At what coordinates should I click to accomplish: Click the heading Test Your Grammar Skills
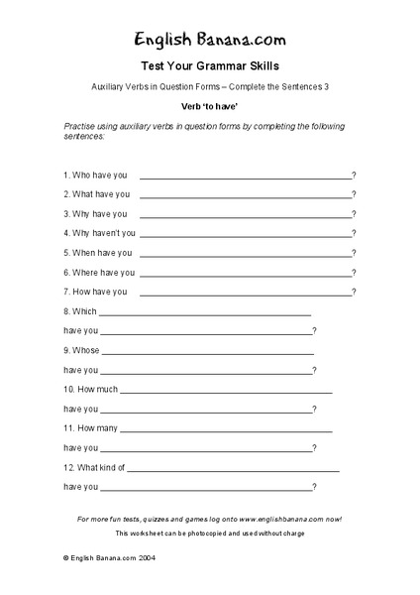point(209,66)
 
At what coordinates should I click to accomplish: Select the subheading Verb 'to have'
point(209,103)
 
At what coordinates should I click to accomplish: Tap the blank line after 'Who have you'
point(246,176)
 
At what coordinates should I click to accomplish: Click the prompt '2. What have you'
point(96,194)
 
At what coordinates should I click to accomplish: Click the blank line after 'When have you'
point(247,253)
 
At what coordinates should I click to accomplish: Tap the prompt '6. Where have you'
point(99,273)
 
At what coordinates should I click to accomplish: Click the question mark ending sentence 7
point(354,292)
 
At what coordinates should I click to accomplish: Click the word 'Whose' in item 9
point(85,350)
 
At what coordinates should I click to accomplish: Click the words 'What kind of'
point(101,467)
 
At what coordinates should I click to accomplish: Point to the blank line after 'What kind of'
point(233,469)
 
